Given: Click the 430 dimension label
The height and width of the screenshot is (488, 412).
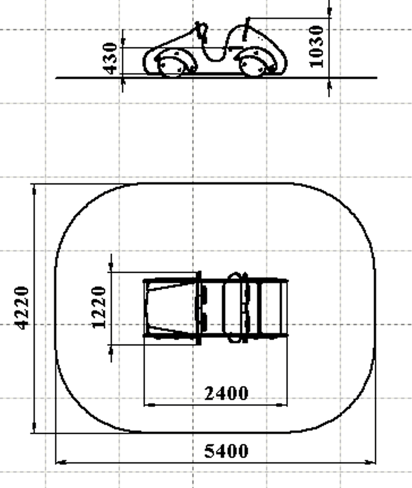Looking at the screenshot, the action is pyautogui.click(x=110, y=58).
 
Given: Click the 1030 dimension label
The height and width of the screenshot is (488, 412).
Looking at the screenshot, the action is pyautogui.click(x=316, y=47).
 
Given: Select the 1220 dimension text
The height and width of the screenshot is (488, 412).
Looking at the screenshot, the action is pyautogui.click(x=99, y=307).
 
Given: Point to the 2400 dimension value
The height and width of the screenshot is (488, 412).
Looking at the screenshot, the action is pyautogui.click(x=226, y=393).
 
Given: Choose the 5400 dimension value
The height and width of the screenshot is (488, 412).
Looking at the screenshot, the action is pyautogui.click(x=226, y=451).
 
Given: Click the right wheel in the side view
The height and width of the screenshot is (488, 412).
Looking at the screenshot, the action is pyautogui.click(x=253, y=67).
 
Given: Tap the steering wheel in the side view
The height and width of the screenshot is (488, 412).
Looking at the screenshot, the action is pyautogui.click(x=202, y=32).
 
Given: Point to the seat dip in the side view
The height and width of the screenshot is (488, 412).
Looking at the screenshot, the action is pyautogui.click(x=215, y=55).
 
